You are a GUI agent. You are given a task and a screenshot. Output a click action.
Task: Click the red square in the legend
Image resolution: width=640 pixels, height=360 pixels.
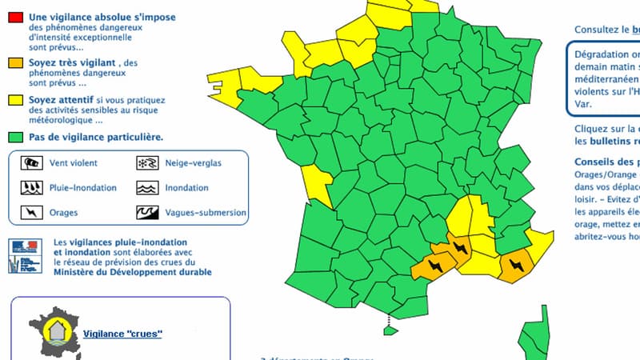point(14,18)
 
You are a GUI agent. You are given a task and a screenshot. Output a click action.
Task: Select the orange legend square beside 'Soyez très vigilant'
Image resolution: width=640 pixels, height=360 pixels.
point(14,62)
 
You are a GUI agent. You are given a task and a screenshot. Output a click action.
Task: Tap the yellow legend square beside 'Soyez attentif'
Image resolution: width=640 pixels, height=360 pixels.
point(14,100)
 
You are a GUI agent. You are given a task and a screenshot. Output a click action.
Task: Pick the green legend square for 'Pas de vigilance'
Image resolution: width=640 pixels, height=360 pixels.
point(14,137)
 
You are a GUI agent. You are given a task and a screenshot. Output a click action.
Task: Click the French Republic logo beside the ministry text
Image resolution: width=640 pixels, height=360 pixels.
point(24,254)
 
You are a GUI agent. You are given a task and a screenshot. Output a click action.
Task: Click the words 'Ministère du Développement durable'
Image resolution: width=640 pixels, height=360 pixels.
point(132,272)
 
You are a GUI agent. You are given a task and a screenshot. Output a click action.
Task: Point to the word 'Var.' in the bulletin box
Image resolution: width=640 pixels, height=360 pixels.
point(582,103)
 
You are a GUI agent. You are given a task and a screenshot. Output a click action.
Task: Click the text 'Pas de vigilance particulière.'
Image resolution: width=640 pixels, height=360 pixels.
point(96,137)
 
